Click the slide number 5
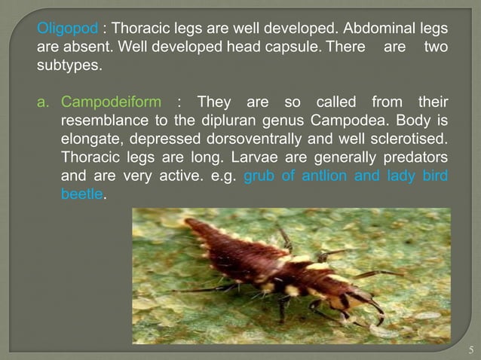point(470,349)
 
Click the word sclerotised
point(408,139)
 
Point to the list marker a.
point(43,102)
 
